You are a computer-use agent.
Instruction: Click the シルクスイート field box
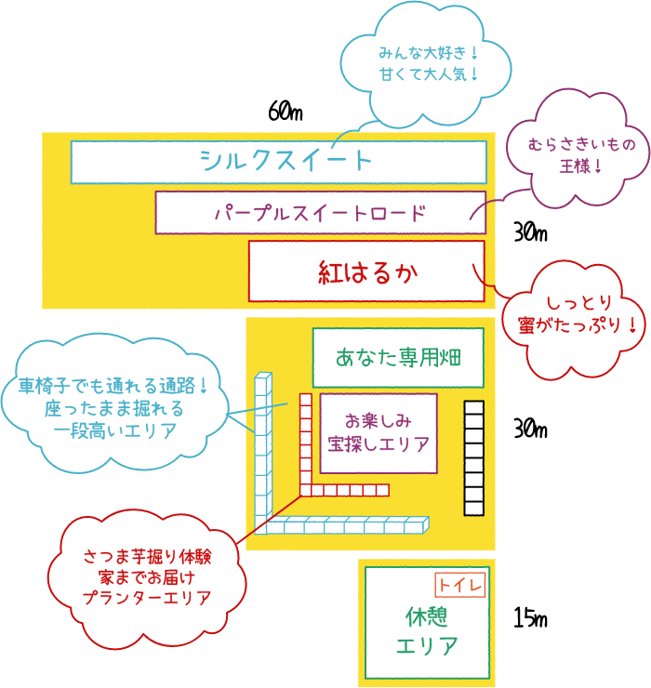279,162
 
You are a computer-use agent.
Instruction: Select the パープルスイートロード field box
320,212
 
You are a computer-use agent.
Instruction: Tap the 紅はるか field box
366,271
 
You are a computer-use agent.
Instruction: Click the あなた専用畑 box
398,357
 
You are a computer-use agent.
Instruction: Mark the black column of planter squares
474,457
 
